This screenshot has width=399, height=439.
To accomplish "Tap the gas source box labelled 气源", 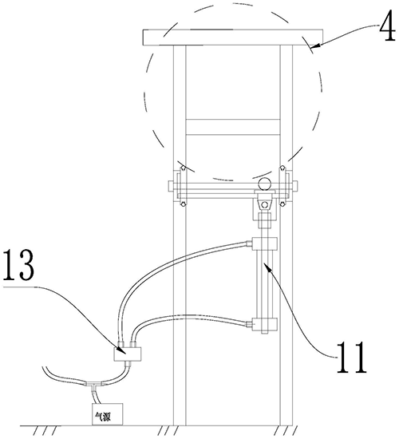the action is click(108, 414).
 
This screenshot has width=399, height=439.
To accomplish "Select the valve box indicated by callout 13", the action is click(128, 354).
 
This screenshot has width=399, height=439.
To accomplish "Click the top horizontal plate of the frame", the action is click(233, 37).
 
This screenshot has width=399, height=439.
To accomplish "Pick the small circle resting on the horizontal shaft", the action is click(265, 184).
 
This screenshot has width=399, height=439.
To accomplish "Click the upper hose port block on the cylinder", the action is click(265, 244).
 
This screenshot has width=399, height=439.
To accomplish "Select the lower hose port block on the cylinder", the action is click(265, 324).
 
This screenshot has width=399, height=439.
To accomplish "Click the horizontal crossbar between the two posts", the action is click(233, 127).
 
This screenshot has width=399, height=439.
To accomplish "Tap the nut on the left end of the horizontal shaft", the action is click(171, 186).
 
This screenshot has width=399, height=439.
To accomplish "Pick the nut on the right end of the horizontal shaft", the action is click(294, 186).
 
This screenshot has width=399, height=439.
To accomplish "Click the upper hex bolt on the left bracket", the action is click(183, 168).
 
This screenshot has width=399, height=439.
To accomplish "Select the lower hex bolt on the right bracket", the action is click(282, 204).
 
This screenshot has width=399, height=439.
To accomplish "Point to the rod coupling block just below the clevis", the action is click(265, 221).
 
